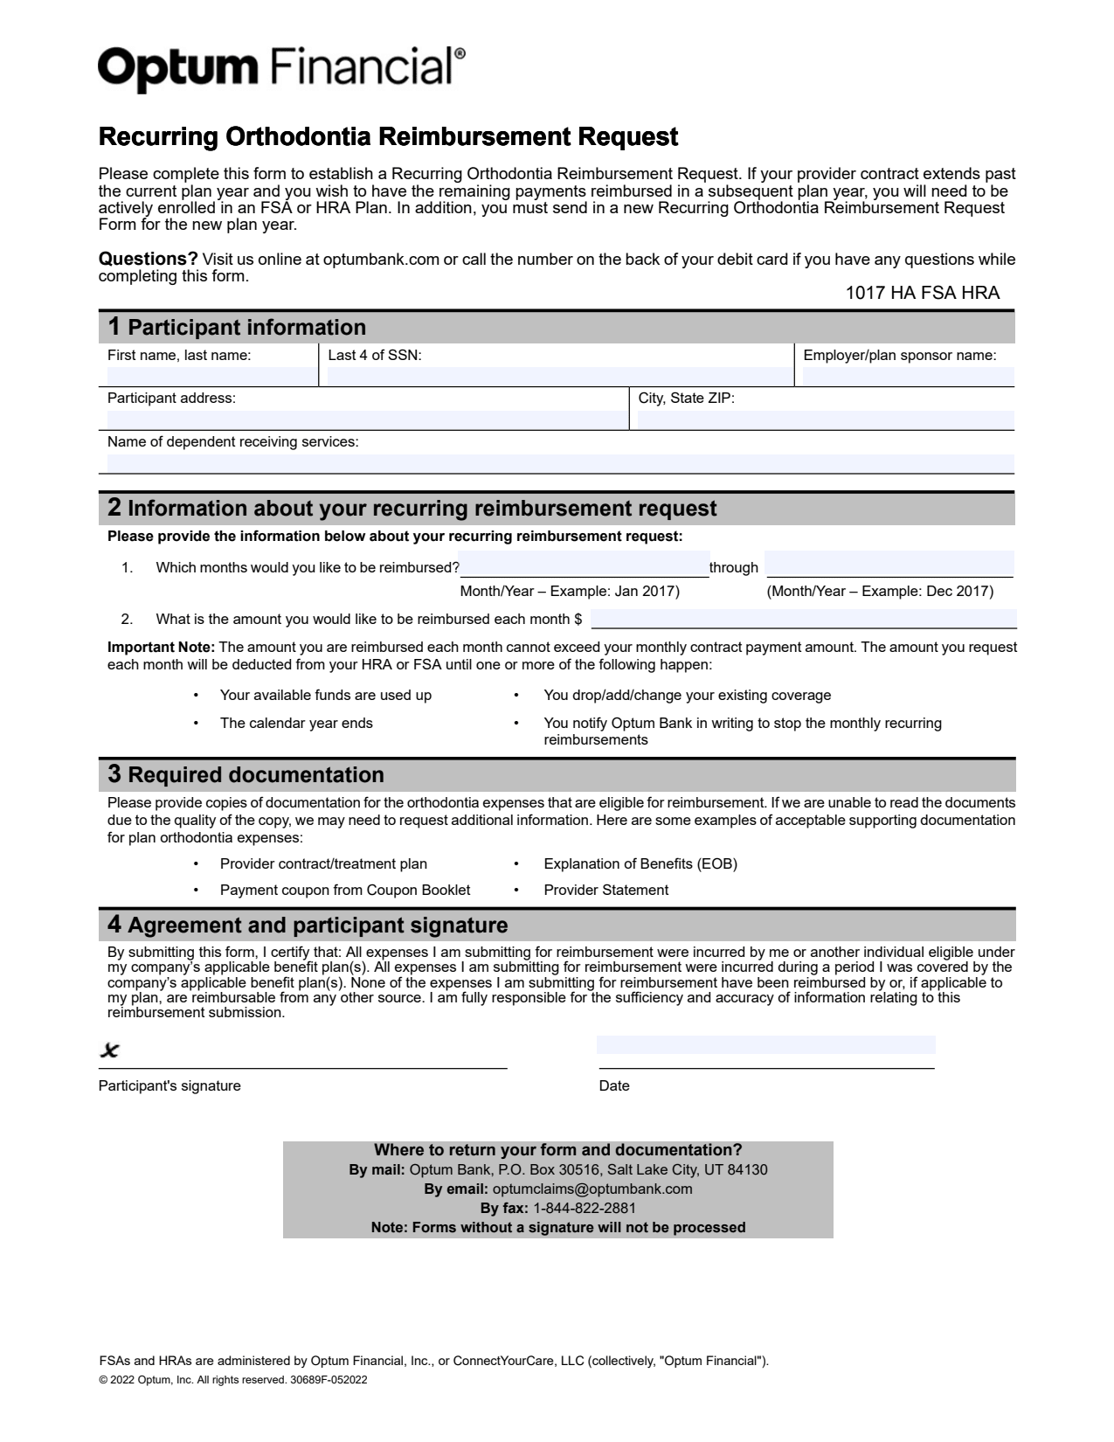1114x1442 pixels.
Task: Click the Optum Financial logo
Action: pyautogui.click(x=281, y=67)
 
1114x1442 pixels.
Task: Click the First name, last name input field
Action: pyautogui.click(x=211, y=377)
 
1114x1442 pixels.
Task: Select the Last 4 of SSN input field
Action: pyautogui.click(x=558, y=377)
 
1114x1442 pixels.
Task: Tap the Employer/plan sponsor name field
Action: pyautogui.click(x=908, y=377)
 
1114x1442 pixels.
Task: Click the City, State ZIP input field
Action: pyautogui.click(x=826, y=419)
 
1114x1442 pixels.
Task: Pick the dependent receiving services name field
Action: pyautogui.click(x=560, y=463)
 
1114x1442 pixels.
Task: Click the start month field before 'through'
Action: pyautogui.click(x=584, y=565)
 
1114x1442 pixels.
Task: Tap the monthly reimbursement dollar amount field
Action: pyautogui.click(x=803, y=619)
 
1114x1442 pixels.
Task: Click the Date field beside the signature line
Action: pyautogui.click(x=765, y=1045)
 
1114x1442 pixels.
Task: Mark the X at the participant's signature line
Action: pyautogui.click(x=109, y=1050)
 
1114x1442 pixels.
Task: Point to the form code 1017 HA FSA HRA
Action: pyautogui.click(x=922, y=293)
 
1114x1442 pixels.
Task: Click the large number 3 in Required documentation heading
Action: pyautogui.click(x=114, y=773)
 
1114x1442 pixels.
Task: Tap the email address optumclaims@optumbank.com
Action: pyautogui.click(x=592, y=1189)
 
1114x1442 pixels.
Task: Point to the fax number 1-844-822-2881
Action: pyautogui.click(x=584, y=1208)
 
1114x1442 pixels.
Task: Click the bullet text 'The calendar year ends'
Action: pyautogui.click(x=296, y=723)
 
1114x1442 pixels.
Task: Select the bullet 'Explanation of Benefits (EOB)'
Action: pyautogui.click(x=640, y=863)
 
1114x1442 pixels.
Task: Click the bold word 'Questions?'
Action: pyautogui.click(x=148, y=259)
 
